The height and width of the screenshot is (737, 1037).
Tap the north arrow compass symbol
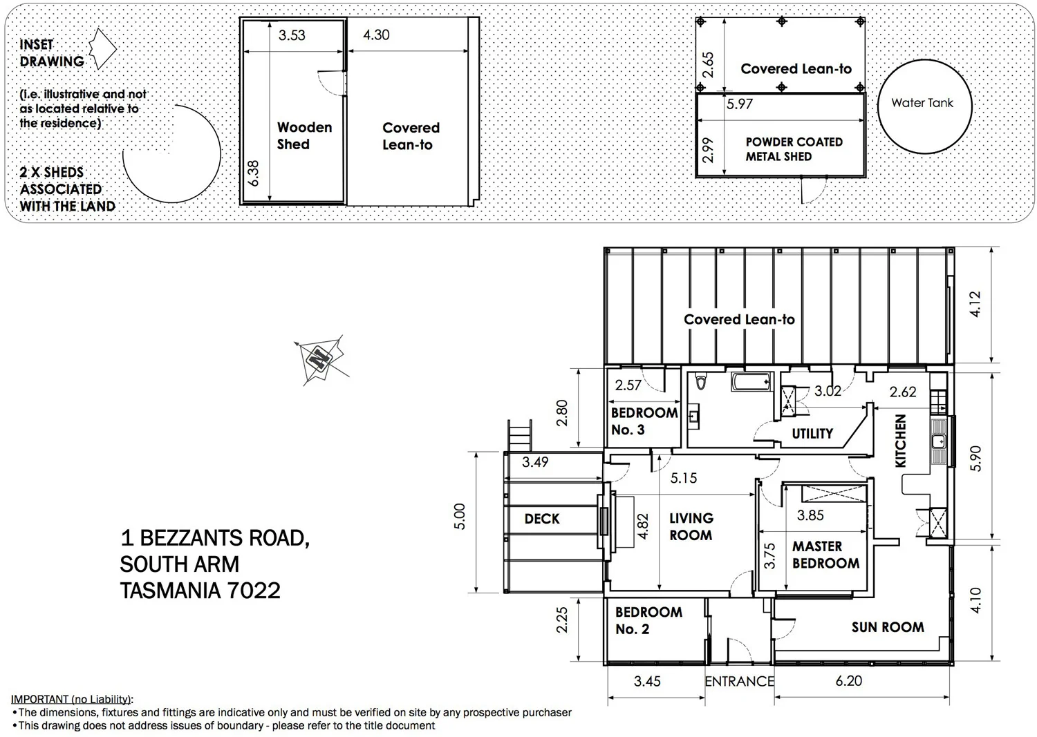[319, 359]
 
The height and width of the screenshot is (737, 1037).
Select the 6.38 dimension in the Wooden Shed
[254, 173]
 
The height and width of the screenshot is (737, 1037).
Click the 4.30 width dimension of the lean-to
[376, 35]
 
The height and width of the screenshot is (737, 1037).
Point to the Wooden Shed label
[304, 135]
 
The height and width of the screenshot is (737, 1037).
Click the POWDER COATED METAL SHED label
[793, 149]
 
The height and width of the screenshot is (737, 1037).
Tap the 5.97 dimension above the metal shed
[739, 104]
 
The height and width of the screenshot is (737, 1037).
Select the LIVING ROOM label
[691, 526]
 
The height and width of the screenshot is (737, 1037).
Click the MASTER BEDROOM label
[825, 555]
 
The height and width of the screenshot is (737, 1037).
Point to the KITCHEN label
[900, 441]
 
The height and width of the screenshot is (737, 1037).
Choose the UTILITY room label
[812, 434]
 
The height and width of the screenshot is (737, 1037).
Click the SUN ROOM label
[887, 627]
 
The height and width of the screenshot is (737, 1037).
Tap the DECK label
[541, 519]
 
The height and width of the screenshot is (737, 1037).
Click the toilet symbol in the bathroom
[701, 382]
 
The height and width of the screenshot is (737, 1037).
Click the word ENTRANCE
[738, 682]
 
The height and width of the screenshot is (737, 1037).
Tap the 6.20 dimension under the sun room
[848, 681]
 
